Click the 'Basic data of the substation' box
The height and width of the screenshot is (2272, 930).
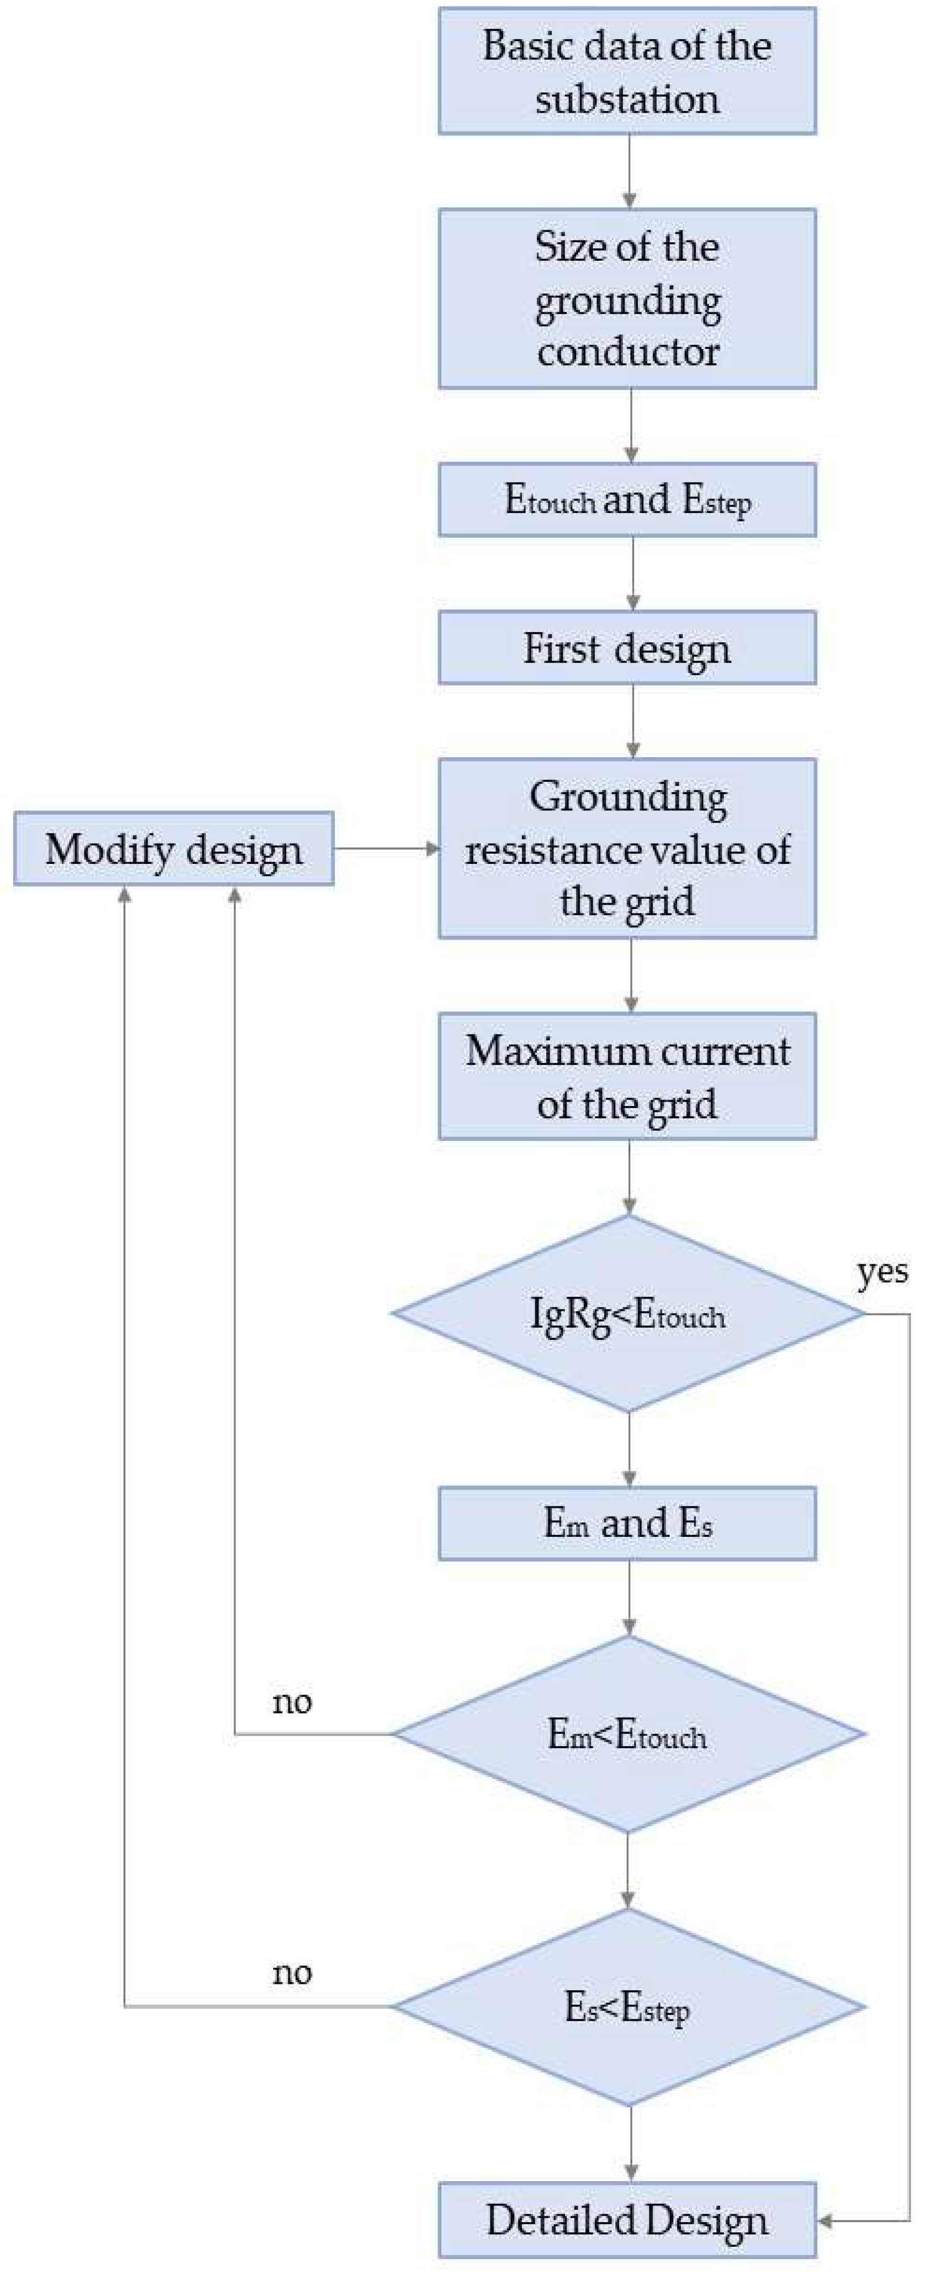(627, 71)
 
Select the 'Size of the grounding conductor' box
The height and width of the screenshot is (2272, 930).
(627, 298)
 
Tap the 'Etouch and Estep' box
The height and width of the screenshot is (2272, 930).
(627, 500)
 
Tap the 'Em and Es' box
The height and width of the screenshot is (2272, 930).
(627, 1523)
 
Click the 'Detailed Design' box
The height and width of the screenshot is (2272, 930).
(627, 2220)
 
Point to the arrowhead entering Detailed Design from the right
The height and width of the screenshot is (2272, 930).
(827, 2220)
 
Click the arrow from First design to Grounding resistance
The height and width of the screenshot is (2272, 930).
(632, 721)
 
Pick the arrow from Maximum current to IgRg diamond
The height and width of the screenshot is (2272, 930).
(629, 1177)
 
